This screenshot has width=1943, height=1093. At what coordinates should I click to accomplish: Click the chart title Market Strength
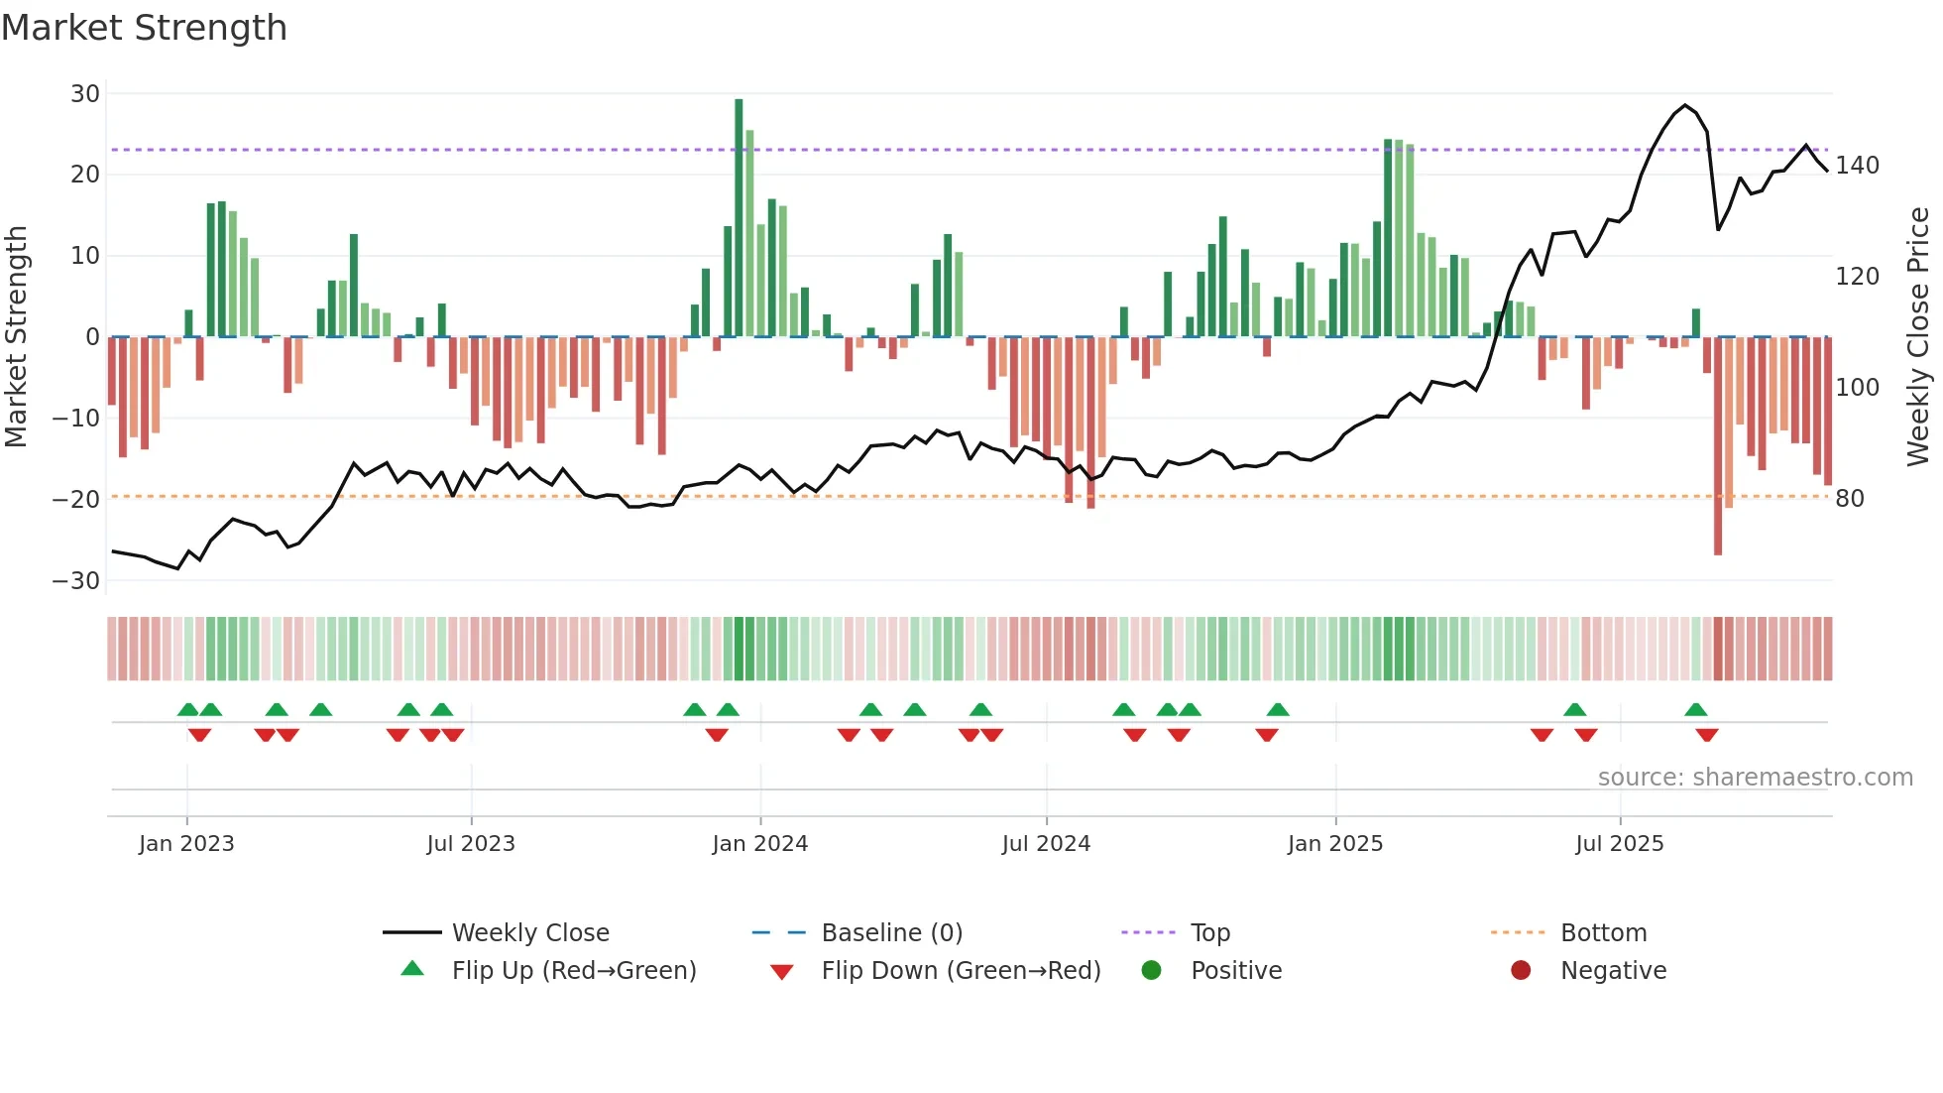[x=144, y=28]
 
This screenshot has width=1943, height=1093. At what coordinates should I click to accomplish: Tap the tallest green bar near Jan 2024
[x=739, y=217]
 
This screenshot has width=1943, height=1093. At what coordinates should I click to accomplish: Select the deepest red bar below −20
[x=1718, y=446]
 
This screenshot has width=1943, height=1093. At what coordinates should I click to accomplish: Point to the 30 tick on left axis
[x=85, y=94]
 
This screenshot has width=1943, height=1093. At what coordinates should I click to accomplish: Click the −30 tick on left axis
[x=77, y=581]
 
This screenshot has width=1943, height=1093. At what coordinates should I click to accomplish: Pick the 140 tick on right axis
[x=1857, y=166]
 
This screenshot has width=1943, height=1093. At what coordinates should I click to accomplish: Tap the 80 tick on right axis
[x=1850, y=499]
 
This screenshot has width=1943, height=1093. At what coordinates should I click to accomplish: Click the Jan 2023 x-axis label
[x=186, y=844]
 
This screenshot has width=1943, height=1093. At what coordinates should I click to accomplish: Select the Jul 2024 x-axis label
[x=1046, y=844]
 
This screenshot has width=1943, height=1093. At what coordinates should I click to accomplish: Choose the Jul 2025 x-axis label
[x=1620, y=844]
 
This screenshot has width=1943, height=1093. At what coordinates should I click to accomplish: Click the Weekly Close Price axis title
[x=1918, y=337]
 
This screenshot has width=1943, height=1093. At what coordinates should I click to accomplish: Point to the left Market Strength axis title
[x=16, y=337]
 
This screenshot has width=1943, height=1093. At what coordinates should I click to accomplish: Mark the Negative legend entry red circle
[x=1521, y=971]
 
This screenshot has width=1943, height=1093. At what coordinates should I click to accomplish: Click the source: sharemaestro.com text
[x=1755, y=778]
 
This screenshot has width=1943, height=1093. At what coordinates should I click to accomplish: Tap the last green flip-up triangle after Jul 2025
[x=1696, y=710]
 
